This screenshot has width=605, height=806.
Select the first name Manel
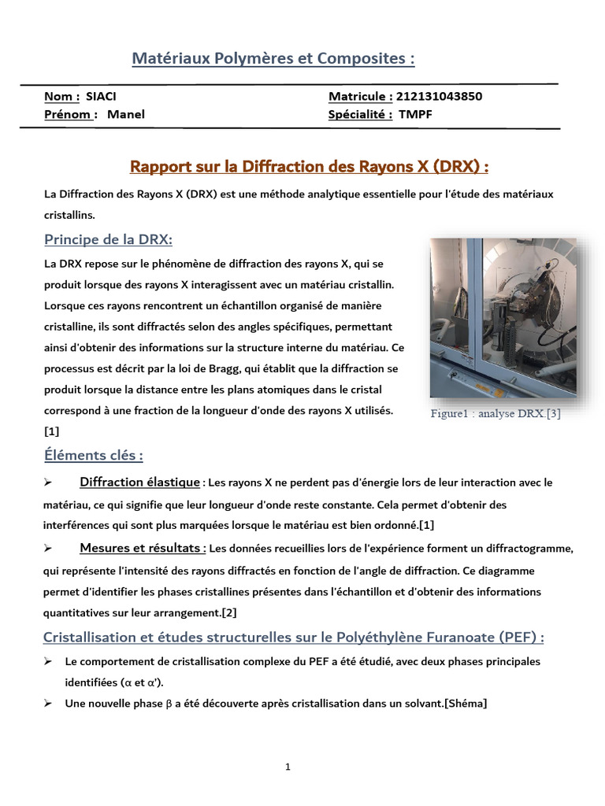tap(126, 114)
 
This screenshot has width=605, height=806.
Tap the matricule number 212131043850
tap(439, 97)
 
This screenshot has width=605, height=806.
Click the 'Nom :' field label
tap(61, 97)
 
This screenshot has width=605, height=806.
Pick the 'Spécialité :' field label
tap(360, 114)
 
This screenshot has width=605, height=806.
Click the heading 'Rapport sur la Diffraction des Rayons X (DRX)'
tap(309, 167)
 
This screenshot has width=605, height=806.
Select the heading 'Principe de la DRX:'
tap(108, 239)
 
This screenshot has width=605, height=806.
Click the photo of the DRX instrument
tap(503, 318)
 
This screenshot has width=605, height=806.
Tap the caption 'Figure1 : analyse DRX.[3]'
tap(496, 414)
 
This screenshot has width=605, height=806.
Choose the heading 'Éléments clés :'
tap(93, 455)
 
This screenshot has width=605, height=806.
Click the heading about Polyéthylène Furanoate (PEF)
tap(294, 636)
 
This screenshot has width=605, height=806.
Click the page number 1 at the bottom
tap(288, 767)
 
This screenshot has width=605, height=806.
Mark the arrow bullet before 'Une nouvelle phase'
tap(48, 704)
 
